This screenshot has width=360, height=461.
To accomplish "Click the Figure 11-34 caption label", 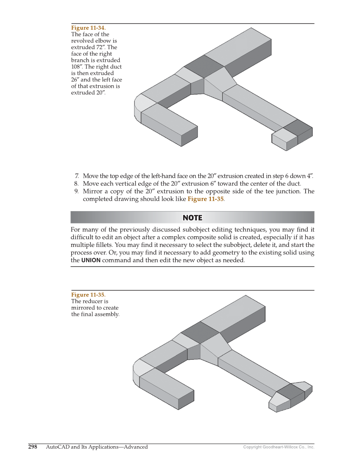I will pos(88,28).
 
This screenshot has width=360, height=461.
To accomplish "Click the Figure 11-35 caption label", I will pos(88,295).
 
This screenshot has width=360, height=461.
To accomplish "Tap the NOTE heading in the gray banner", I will pos(192,218).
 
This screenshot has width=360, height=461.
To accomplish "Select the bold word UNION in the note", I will pos(91,260).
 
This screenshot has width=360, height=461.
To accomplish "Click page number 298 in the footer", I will pos(33,447).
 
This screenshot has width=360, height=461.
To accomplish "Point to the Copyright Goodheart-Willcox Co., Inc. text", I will pos(279,447).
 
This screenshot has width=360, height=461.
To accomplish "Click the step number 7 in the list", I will pos(77,176).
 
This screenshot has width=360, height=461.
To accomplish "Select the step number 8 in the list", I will pos(77,184).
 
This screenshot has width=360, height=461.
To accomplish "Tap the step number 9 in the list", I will pos(77,191).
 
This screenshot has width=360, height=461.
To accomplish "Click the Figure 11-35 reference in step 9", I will pos(205,199).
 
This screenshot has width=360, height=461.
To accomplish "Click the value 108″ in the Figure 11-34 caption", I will pos(77,67).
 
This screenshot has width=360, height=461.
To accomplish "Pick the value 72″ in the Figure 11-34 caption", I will pos(101,47).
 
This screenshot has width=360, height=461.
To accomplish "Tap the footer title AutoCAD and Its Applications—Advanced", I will pos(97,447).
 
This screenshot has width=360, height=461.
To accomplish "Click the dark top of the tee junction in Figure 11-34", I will pos(204,66).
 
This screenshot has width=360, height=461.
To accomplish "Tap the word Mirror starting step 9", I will pos(92,191).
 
